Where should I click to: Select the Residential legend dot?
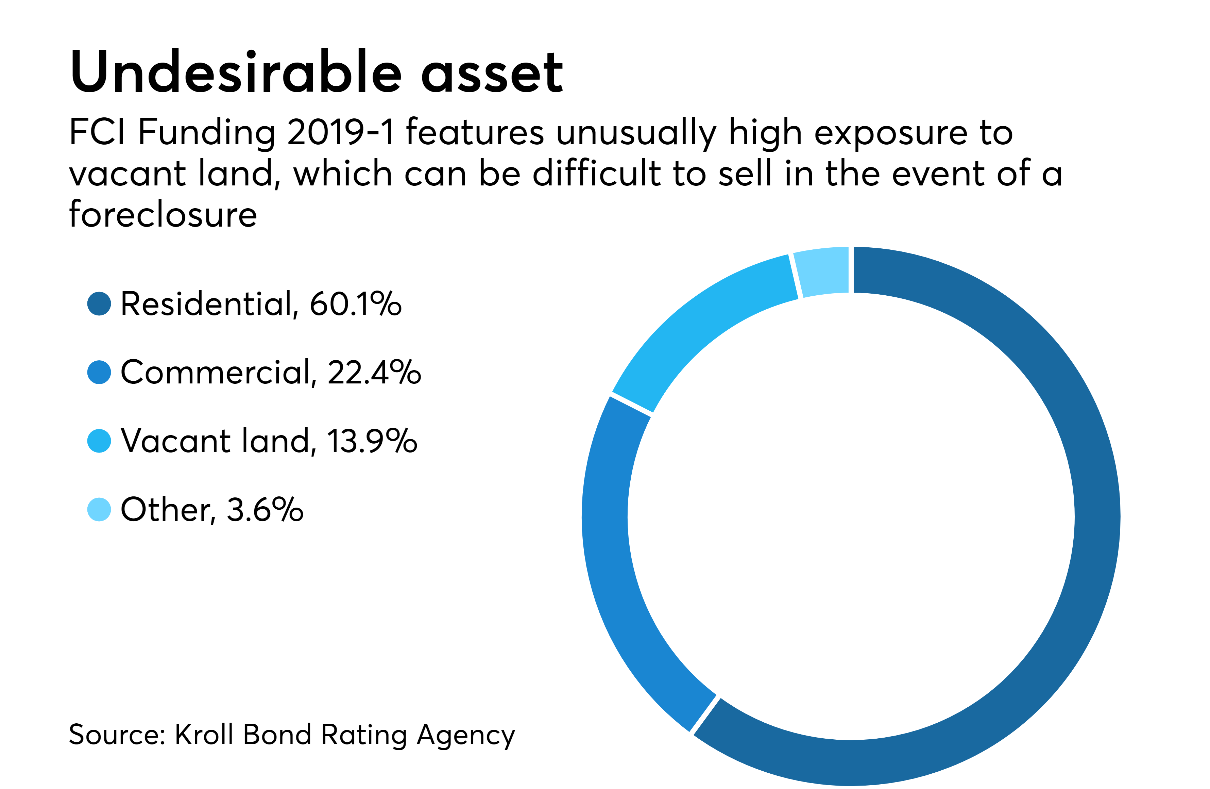point(99,304)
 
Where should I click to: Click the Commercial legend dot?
point(99,372)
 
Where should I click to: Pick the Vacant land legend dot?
point(99,441)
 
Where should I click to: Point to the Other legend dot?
point(99,509)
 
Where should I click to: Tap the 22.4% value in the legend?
point(374,372)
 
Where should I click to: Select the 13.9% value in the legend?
point(372,441)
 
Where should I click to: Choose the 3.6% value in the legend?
point(265,509)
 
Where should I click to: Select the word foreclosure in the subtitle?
point(163,214)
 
